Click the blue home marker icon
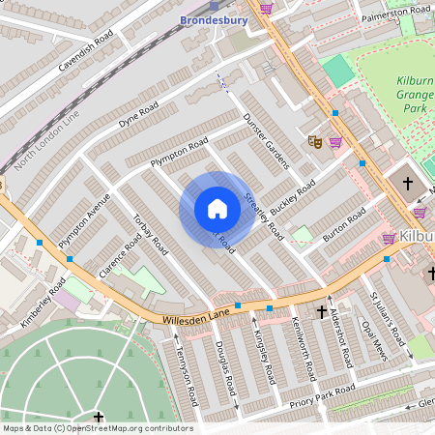click(217, 209)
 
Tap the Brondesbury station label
click(213, 19)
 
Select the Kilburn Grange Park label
click(414, 95)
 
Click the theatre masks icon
click(314, 141)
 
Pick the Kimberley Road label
click(43, 304)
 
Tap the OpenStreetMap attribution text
click(97, 428)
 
